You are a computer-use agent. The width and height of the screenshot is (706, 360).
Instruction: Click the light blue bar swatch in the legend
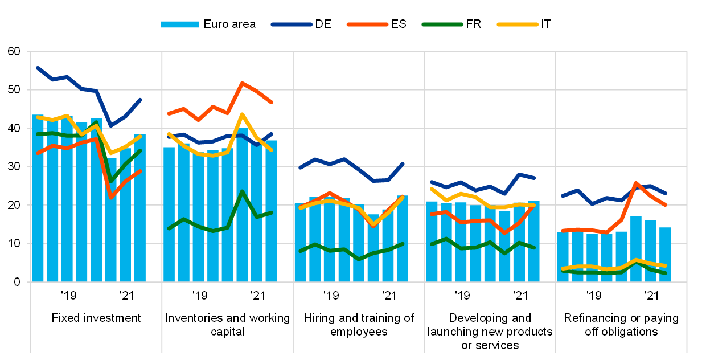tap(180, 24)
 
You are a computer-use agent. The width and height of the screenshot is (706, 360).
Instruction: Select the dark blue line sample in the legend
tap(292, 24)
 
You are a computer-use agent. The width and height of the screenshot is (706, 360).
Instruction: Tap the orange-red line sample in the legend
tap(367, 24)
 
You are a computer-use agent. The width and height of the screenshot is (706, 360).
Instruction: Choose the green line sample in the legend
tap(442, 24)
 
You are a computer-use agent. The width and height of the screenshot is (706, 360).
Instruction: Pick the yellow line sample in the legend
tap(518, 24)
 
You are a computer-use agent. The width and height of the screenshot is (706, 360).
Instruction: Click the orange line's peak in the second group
tap(242, 83)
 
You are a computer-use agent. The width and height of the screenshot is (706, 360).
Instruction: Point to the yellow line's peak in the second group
tap(242, 114)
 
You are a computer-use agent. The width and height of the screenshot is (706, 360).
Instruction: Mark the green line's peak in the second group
tap(242, 191)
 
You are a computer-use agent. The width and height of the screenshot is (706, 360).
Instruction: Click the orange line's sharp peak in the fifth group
tap(635, 182)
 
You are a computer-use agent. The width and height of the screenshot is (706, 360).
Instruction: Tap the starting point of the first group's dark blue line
tap(38, 68)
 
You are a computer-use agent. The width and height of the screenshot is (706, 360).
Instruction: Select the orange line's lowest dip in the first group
tap(110, 198)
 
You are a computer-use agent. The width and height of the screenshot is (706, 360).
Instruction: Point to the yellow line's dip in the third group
tap(373, 226)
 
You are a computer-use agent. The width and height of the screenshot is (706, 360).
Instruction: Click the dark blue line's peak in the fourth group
tap(519, 174)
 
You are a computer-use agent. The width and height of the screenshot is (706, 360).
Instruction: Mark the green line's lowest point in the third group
tap(359, 259)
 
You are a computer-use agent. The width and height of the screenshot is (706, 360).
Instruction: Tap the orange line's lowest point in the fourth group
tap(504, 232)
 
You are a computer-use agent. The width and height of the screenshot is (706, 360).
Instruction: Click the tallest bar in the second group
tap(242, 205)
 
